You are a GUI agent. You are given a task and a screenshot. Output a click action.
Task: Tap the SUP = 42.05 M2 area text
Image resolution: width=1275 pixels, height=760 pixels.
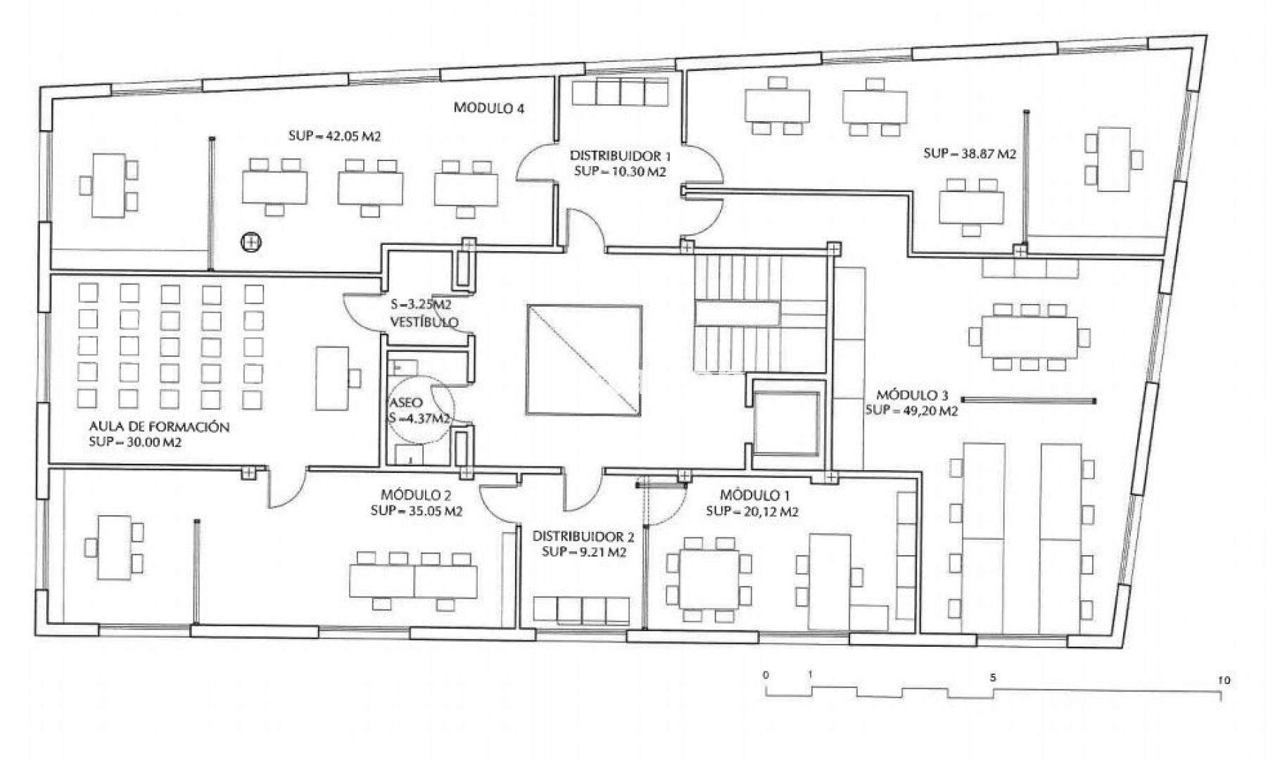(x=334, y=137)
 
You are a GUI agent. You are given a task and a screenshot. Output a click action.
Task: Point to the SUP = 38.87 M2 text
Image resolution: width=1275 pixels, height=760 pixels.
(x=970, y=153)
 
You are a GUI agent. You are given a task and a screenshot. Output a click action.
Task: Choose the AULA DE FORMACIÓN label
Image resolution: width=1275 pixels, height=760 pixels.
(x=159, y=427)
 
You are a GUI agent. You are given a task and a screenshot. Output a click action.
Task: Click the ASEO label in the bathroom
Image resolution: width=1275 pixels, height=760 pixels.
(x=406, y=403)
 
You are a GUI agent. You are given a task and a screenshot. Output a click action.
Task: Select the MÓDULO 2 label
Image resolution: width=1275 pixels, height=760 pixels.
(x=415, y=495)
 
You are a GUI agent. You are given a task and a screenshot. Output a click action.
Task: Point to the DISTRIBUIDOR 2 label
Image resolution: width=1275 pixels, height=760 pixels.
(x=583, y=537)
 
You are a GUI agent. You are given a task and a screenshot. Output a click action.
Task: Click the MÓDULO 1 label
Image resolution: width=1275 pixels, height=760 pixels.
(x=750, y=495)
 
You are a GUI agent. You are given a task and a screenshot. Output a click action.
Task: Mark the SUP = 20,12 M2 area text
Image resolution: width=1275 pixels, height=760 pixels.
(x=752, y=512)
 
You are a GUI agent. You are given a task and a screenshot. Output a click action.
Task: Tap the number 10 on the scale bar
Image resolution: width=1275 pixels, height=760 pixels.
(x=1224, y=680)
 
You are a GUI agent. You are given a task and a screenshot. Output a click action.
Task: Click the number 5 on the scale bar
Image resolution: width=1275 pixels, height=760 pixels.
(x=993, y=678)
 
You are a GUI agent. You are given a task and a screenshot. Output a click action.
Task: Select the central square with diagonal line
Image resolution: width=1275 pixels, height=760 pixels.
(x=584, y=360)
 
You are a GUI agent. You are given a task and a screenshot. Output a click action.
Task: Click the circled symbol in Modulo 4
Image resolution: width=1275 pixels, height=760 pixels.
(x=249, y=243)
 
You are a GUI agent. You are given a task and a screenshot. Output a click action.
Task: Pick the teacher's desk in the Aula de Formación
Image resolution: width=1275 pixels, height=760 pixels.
(x=332, y=378)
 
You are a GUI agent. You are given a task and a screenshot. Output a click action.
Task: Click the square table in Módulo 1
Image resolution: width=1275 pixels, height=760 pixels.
(x=709, y=578)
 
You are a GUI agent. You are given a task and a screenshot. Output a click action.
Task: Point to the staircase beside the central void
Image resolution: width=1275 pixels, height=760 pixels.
(x=760, y=314)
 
